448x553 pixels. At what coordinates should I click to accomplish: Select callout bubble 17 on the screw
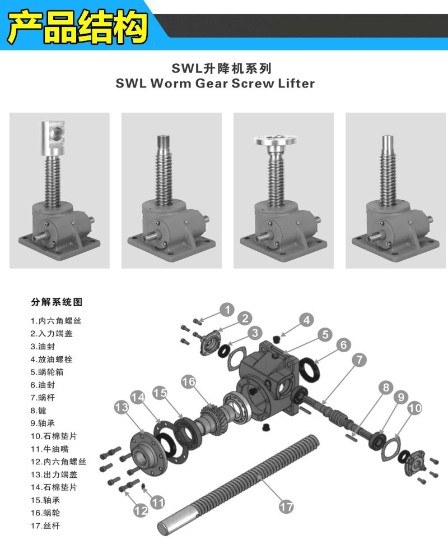click(286, 506)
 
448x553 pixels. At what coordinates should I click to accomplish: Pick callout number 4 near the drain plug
click(306, 320)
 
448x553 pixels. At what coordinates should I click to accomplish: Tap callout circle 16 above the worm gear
click(189, 382)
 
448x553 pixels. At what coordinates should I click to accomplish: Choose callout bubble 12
click(140, 510)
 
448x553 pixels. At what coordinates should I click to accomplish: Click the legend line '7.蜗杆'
click(45, 397)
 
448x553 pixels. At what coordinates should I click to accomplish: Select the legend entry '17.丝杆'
click(45, 526)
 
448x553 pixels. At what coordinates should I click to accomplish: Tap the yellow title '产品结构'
click(78, 26)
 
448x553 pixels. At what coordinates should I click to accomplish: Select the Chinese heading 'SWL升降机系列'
click(222, 68)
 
